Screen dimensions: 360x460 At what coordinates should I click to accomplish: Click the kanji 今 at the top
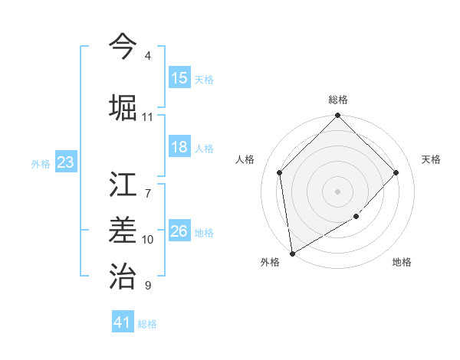(123, 47)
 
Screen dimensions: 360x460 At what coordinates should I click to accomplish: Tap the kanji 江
(123, 186)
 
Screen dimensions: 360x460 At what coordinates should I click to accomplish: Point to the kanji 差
(123, 230)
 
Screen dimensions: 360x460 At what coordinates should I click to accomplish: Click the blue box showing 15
(179, 78)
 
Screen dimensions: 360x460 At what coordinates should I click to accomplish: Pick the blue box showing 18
(179, 148)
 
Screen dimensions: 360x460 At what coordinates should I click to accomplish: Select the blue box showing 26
(179, 231)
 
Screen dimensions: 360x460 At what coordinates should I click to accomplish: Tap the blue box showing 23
(65, 162)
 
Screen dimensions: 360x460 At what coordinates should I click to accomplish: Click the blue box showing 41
(123, 322)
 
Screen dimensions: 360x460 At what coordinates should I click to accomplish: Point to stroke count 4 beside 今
(147, 56)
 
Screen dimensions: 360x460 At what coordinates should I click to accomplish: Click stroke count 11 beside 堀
(147, 117)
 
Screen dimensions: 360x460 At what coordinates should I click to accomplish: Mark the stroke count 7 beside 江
(147, 194)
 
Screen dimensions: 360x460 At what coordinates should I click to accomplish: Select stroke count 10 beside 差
(147, 240)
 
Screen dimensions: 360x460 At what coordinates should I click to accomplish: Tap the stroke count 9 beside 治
(147, 286)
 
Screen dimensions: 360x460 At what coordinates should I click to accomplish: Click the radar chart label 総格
(337, 100)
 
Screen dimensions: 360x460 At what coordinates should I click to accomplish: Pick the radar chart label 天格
(431, 159)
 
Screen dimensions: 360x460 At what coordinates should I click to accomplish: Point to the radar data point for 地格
(356, 218)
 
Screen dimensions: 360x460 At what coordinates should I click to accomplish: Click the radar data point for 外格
(292, 253)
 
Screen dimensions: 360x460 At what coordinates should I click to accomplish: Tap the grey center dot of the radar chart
(337, 191)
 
